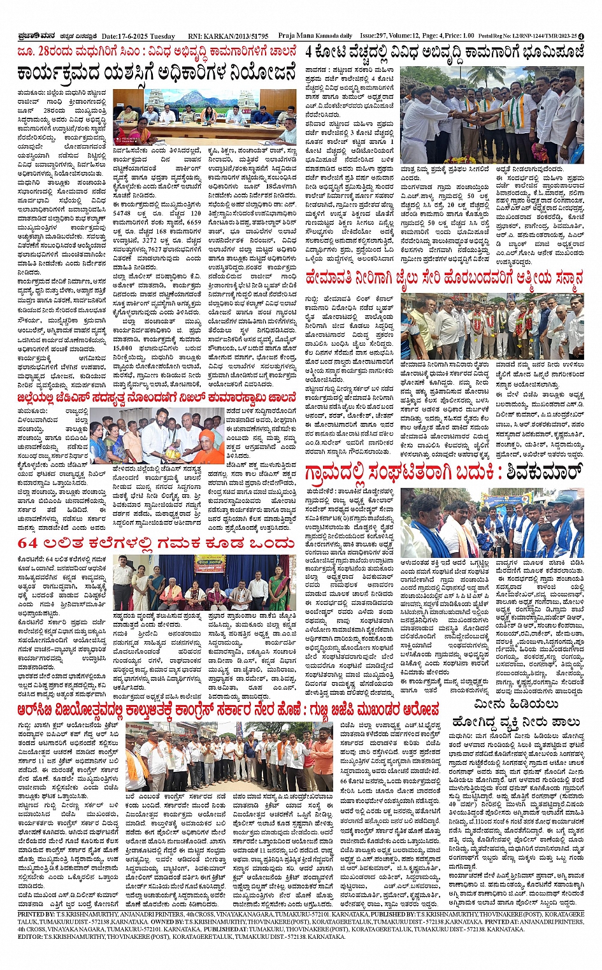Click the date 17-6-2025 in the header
[125, 36]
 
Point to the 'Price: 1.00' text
[462, 36]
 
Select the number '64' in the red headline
[28, 543]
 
